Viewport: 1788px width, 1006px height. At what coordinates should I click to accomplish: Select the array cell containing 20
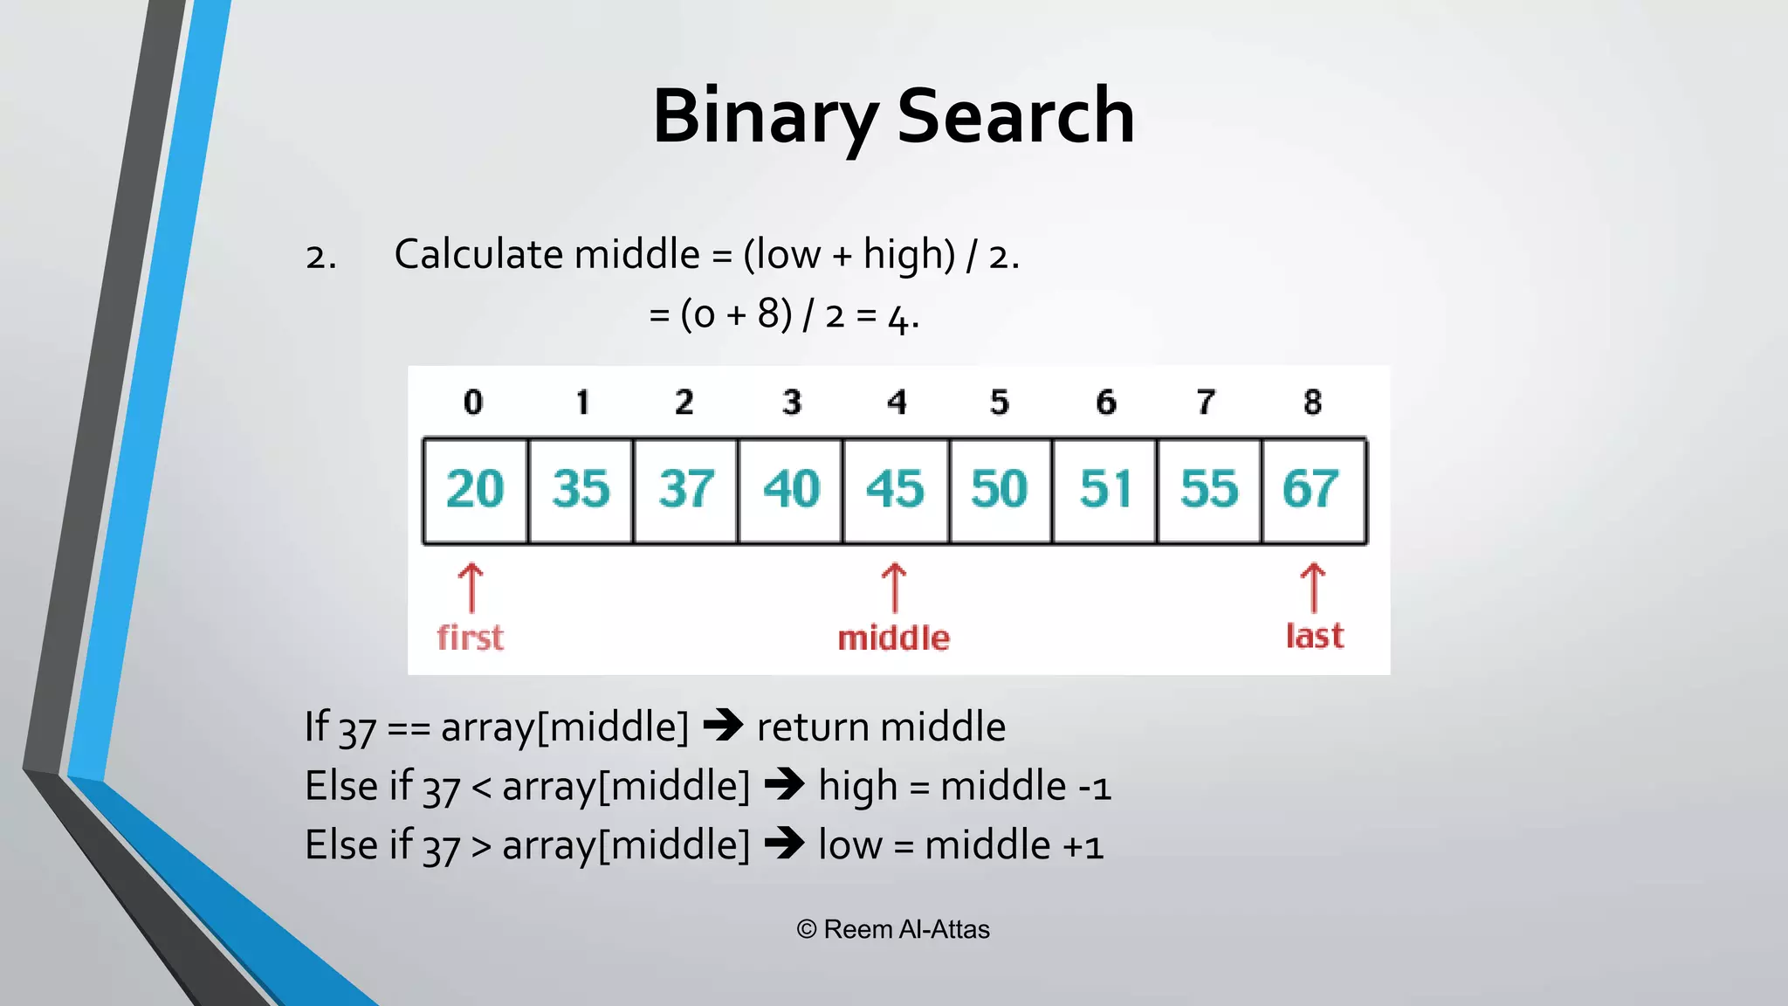475,490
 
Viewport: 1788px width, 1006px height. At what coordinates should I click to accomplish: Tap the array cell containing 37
685,490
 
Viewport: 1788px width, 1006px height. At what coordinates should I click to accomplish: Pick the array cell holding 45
895,490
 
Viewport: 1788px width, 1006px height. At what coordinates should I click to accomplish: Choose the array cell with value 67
1312,490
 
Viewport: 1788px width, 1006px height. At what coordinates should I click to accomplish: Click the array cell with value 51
1104,490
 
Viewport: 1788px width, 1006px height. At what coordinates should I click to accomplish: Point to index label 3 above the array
791,403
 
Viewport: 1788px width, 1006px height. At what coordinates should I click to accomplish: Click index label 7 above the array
1206,403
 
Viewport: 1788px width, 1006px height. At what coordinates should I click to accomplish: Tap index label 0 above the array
472,403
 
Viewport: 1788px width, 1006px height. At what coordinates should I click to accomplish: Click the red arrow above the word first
471,588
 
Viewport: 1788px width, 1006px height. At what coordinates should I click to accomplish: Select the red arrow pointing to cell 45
894,588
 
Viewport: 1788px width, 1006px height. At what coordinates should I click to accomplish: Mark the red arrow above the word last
1313,588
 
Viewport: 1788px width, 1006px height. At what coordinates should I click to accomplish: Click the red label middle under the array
893,638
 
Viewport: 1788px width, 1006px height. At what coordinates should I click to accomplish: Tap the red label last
1314,636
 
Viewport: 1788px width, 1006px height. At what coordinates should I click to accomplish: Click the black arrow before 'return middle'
723,725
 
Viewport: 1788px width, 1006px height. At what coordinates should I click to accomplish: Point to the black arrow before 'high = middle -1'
784,784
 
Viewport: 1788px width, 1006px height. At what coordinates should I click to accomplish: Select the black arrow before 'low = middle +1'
784,844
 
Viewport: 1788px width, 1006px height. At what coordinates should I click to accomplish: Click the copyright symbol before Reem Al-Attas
807,930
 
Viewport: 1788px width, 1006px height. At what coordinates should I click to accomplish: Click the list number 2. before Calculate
320,258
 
